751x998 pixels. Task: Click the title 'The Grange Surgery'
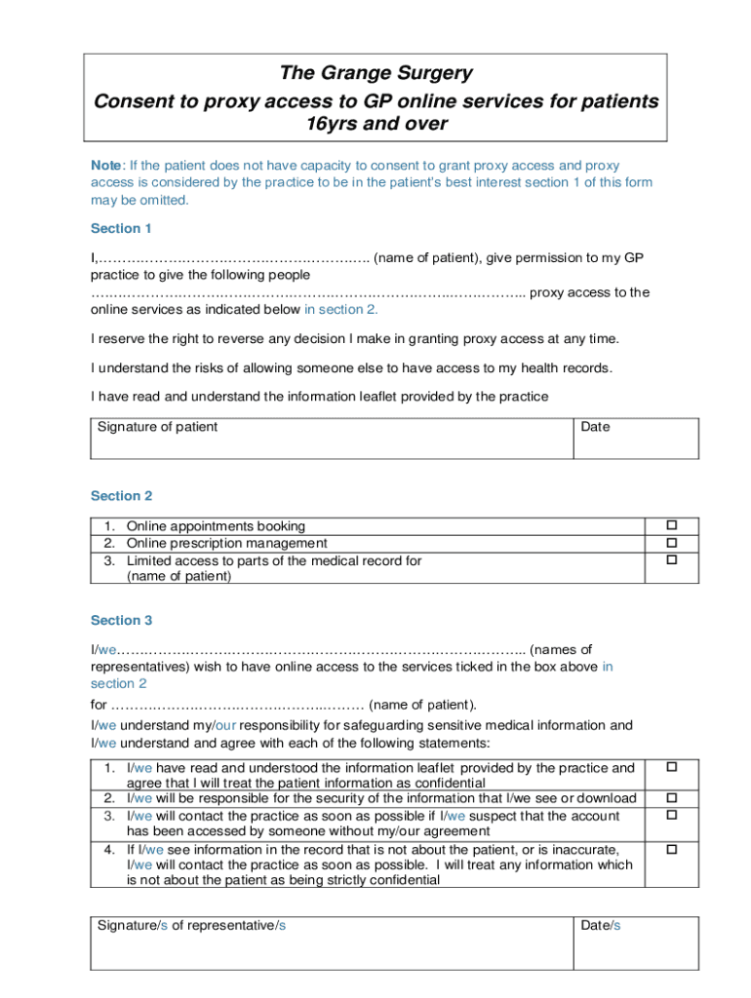click(375, 73)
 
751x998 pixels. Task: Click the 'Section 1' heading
click(122, 228)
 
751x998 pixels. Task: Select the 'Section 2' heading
click(122, 496)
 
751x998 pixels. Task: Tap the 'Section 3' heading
click(122, 620)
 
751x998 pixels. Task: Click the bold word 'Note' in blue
click(106, 166)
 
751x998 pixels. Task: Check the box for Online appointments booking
click(671, 526)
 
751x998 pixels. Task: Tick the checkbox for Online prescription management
click(671, 543)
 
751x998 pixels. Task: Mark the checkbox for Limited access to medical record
click(671, 560)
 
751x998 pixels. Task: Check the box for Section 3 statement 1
click(671, 768)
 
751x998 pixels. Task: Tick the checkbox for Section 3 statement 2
click(671, 798)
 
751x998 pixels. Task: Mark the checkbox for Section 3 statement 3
click(671, 815)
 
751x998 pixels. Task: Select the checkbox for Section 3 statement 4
click(671, 850)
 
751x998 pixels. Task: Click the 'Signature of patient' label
click(157, 427)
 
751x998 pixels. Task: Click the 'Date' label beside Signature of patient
click(595, 427)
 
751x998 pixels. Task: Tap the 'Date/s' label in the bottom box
click(601, 925)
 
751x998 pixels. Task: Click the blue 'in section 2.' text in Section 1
click(340, 310)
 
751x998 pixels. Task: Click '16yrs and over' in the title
click(375, 124)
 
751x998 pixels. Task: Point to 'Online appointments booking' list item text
click(216, 526)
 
